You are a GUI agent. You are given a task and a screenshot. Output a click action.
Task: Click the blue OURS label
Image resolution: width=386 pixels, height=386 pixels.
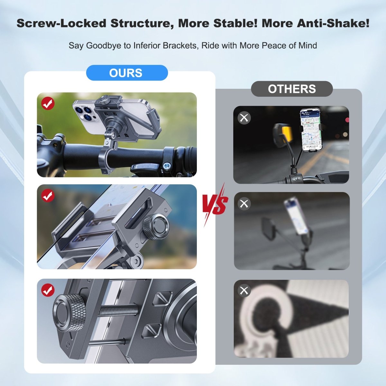[x=127, y=73]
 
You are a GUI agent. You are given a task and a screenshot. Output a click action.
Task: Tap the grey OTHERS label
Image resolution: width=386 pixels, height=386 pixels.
[x=292, y=89]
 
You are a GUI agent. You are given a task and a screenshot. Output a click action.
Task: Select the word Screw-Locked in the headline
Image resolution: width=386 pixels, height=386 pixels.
[x=61, y=23]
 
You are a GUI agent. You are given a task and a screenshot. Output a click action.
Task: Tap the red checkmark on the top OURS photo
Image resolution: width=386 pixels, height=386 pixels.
[x=48, y=104]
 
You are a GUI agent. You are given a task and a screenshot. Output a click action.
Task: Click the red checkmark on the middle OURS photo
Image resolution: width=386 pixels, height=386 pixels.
[x=48, y=196]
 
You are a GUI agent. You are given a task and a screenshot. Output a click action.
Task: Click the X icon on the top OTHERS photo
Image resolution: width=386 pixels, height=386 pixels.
[x=244, y=118]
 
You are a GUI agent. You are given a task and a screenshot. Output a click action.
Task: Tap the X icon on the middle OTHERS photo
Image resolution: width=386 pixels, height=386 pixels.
[x=244, y=204]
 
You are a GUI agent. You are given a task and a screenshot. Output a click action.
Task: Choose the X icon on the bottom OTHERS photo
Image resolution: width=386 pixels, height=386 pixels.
[x=244, y=290]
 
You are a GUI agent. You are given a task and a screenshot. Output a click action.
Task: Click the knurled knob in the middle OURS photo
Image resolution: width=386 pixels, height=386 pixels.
[x=156, y=227]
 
